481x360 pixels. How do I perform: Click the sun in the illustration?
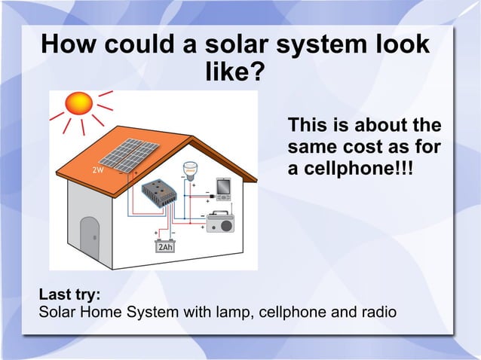(x=78, y=103)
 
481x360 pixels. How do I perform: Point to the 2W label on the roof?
(x=98, y=170)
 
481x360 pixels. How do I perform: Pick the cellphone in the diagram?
(x=224, y=187)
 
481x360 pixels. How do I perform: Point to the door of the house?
(x=90, y=239)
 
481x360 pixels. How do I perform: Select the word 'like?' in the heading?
(x=234, y=73)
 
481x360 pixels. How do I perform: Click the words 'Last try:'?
(x=69, y=294)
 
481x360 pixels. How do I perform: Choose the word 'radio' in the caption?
(x=377, y=311)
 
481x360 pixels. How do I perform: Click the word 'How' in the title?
(x=69, y=44)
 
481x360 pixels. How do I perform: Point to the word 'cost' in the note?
(x=362, y=145)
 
